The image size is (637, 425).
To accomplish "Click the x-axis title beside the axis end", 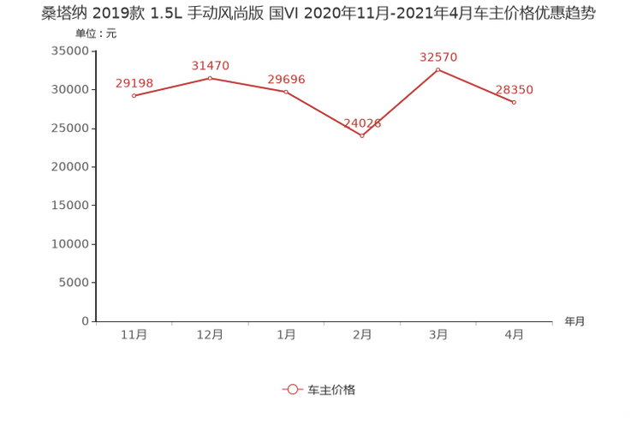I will (x=574, y=321).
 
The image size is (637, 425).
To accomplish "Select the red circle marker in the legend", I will (x=293, y=389).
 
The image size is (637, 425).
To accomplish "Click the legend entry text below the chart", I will (x=330, y=389).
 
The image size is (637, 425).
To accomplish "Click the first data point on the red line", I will (x=134, y=95).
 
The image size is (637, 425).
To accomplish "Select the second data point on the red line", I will (x=210, y=78).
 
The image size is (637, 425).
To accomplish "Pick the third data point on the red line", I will (x=286, y=90).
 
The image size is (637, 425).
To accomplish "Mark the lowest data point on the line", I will (x=362, y=135).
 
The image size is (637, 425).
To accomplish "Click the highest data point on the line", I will (x=438, y=69).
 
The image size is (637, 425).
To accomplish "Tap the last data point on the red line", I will (x=515, y=102).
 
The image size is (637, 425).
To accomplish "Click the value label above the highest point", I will (x=438, y=57).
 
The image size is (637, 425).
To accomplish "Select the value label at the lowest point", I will (x=362, y=123).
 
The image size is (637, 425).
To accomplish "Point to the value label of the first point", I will (x=134, y=82).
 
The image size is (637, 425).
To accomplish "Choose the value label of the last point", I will (x=515, y=89).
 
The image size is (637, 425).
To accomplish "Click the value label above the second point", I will (x=210, y=65).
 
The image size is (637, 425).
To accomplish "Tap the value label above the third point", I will (x=286, y=78).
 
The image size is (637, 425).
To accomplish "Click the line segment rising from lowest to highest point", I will (x=401, y=102).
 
